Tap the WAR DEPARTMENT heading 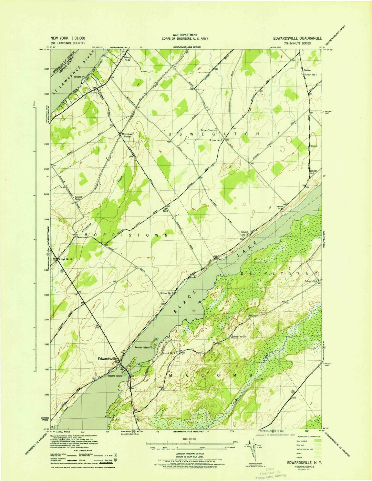(x=185, y=35)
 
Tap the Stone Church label (x=208, y=130)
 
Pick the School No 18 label (x=245, y=233)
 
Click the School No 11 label (x=65, y=259)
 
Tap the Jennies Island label (x=142, y=348)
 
